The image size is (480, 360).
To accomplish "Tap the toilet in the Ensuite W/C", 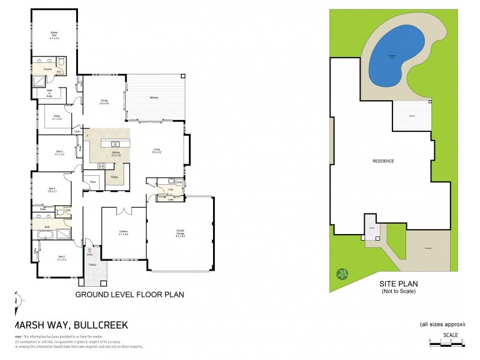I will tap(61, 62).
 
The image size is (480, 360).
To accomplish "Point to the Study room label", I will tap(57, 117).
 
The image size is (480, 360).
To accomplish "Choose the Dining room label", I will tap(104, 103).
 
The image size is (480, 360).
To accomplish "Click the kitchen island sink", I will tap(115, 143).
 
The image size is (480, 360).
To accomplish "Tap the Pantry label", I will tap(114, 177).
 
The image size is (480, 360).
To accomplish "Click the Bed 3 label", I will tap(59, 153).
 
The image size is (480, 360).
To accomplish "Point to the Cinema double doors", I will tap(124, 210).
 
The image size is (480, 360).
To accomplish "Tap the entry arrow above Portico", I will tap(90, 250).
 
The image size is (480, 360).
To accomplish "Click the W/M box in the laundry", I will tap(179, 181).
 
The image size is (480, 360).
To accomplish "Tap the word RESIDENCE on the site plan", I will tap(383, 161).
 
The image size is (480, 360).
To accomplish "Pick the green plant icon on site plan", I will tap(342, 274).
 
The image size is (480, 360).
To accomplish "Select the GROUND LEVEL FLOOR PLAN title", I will tap(129, 295).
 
